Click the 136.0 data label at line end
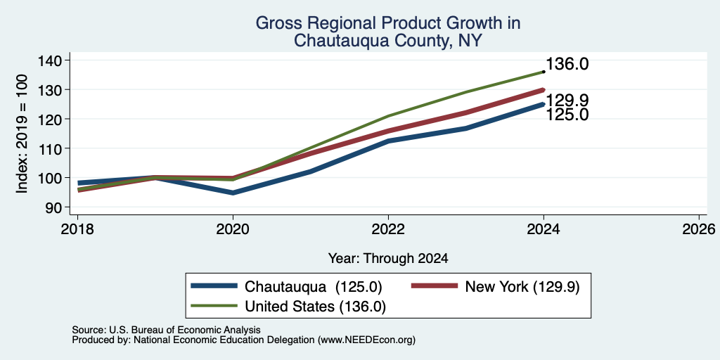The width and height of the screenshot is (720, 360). [x=567, y=64]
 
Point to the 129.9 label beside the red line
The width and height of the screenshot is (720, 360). [x=567, y=101]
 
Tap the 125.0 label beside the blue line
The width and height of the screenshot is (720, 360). [x=567, y=115]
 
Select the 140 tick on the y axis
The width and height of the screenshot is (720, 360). [x=56, y=60]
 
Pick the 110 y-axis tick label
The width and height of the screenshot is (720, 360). [x=56, y=148]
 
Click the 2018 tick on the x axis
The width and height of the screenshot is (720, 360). [x=77, y=229]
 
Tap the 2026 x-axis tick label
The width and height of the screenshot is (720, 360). [x=699, y=229]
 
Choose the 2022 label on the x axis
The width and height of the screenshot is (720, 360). [x=388, y=229]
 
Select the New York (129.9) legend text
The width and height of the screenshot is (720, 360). [x=522, y=287]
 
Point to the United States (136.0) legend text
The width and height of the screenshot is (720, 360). [x=315, y=307]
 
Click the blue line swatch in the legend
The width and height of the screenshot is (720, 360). [x=214, y=287]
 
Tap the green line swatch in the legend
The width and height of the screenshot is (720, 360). [x=214, y=306]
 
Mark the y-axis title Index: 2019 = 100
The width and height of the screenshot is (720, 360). [x=22, y=134]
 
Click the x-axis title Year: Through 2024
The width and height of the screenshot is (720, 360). [x=388, y=259]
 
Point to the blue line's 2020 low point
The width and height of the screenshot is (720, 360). [x=233, y=193]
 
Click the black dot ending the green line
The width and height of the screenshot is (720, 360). [x=544, y=72]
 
